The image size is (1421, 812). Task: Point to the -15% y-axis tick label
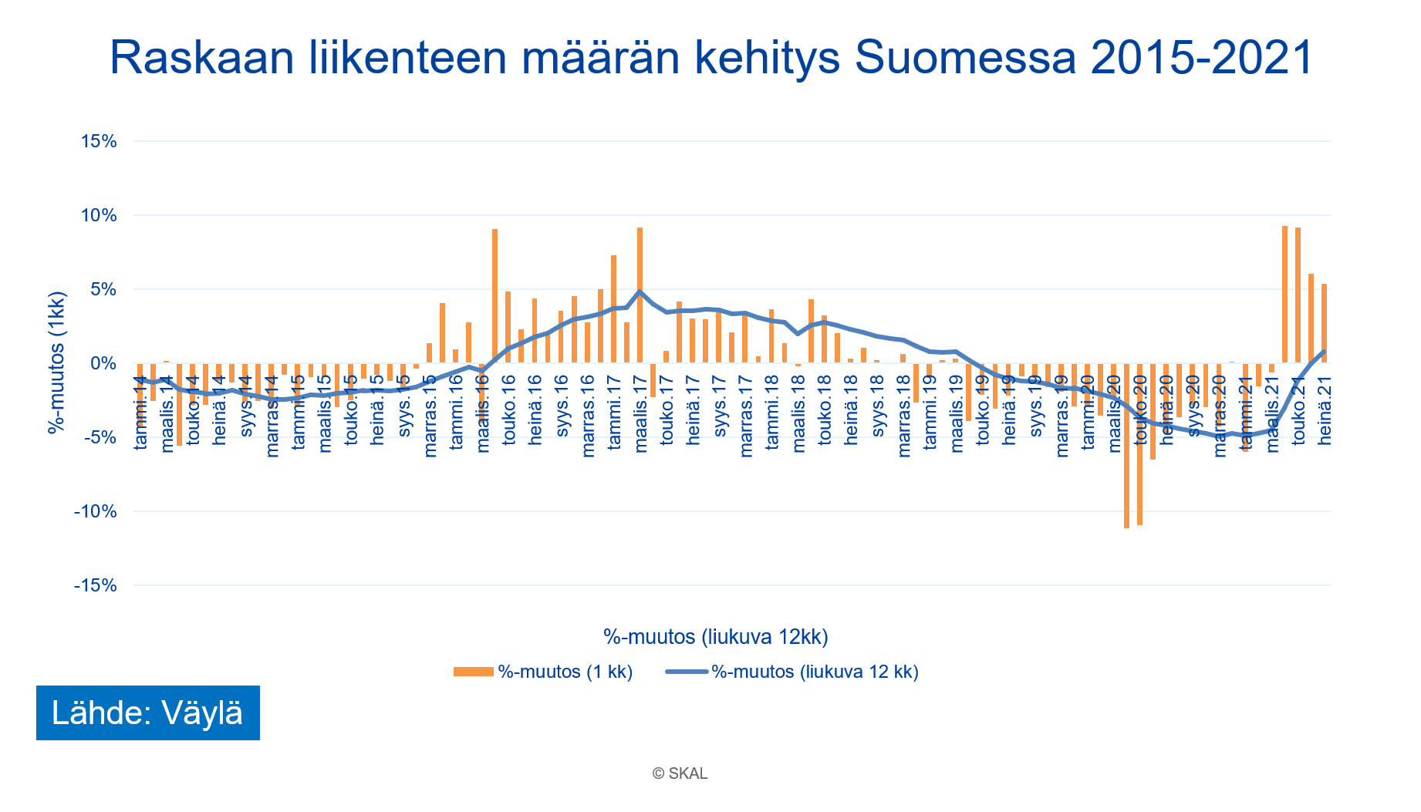[x=96, y=585]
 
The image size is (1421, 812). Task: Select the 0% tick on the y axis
[x=104, y=363]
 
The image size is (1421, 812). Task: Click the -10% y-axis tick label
[x=96, y=511]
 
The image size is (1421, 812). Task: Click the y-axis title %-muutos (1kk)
[x=56, y=362]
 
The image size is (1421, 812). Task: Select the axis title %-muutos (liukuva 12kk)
[x=715, y=637]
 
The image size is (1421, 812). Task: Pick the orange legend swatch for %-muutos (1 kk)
[x=472, y=672]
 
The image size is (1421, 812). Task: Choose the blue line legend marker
[x=686, y=672]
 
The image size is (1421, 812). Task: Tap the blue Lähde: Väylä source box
[x=147, y=713]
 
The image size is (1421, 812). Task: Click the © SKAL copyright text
[x=680, y=773]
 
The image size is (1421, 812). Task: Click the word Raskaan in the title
[x=202, y=57]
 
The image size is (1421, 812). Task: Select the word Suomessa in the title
[x=966, y=57]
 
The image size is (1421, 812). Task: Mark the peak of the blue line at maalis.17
[x=640, y=291]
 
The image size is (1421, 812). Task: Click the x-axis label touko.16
[x=509, y=409]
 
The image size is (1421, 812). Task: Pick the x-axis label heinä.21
[x=1325, y=409]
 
